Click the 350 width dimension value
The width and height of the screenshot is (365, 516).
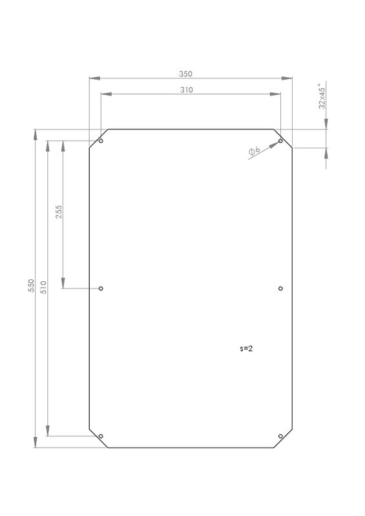coord(185,74)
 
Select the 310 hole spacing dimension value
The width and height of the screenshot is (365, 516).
coord(186,90)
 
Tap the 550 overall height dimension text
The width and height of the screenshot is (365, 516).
coord(31,286)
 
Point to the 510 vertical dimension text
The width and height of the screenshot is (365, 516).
coord(43,287)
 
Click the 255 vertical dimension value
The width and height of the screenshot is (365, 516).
coord(59,212)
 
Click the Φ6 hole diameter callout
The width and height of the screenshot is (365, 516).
coord(255,151)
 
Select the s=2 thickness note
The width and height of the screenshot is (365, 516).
coord(246,348)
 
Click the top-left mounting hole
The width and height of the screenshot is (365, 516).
coord(101,141)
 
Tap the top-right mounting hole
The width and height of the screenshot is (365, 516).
coord(280,141)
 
